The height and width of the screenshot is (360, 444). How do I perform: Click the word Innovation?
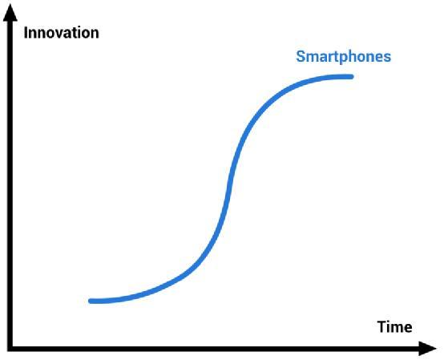[x=62, y=33]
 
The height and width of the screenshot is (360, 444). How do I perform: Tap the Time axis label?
[x=395, y=327]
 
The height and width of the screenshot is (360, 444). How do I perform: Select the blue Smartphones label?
[x=344, y=57]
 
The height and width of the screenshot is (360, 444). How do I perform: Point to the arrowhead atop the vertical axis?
[x=10, y=13]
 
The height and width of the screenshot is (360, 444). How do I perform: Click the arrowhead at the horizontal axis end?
[x=428, y=349]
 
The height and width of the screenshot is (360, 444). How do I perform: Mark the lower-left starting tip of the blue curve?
[x=91, y=301]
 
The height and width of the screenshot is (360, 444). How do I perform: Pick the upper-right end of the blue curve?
[x=351, y=77]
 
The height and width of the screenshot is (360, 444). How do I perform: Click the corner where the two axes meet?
[x=10, y=349]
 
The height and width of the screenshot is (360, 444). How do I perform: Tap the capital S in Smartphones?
[x=301, y=56]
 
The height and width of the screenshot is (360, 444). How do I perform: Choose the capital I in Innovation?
[x=26, y=33]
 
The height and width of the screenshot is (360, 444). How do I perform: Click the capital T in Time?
[x=382, y=327]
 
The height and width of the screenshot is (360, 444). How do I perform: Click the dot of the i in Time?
[x=390, y=322]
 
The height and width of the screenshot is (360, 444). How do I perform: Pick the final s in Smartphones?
[x=387, y=58]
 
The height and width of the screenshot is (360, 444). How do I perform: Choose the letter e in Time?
[x=408, y=329]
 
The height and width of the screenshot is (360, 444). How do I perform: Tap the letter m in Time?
[x=398, y=329]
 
